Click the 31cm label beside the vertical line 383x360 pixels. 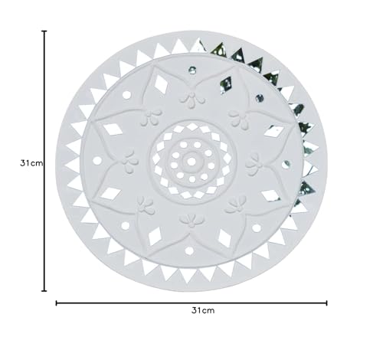tap(31, 163)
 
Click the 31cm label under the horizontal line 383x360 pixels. tap(203, 310)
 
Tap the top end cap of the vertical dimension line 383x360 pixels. tap(44, 31)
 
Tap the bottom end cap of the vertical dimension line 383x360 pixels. tap(44, 290)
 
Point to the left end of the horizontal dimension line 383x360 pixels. tap(57, 303)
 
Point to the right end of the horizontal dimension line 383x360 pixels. tap(326, 303)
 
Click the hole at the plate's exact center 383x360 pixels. tap(191, 162)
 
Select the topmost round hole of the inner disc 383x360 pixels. tap(192, 70)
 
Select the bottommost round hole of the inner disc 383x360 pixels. tap(189, 251)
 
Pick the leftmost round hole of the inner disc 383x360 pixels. tap(97, 161)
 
